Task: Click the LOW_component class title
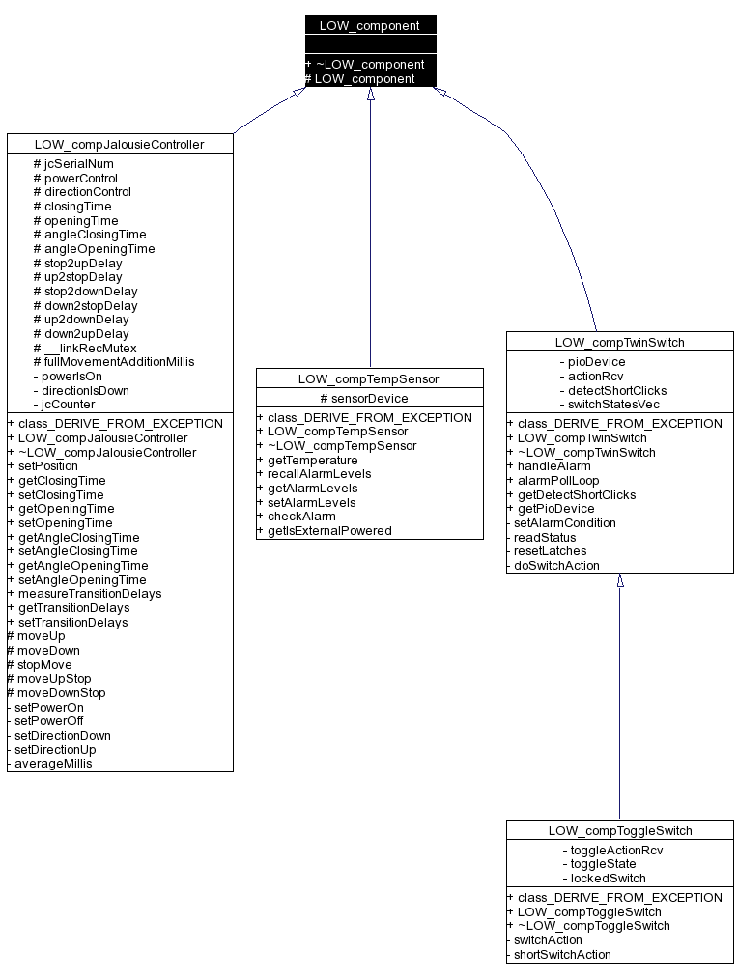pyautogui.click(x=370, y=25)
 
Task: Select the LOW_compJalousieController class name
pyautogui.click(x=120, y=144)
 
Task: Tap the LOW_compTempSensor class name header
pyautogui.click(x=369, y=378)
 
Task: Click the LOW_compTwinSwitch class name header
pyautogui.click(x=619, y=342)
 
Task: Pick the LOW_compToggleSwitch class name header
pyautogui.click(x=619, y=830)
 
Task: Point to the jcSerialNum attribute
pyautogui.click(x=73, y=164)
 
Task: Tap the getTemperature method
pyautogui.click(x=312, y=460)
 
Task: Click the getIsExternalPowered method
pyautogui.click(x=329, y=530)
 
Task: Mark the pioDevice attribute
pyautogui.click(x=592, y=362)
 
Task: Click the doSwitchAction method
pyautogui.click(x=556, y=566)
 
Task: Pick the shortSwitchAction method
pyautogui.click(x=562, y=954)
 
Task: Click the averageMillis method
pyautogui.click(x=53, y=763)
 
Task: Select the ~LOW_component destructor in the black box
pyautogui.click(x=370, y=65)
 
